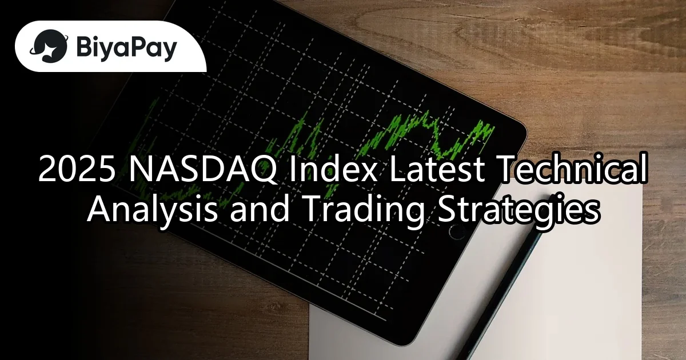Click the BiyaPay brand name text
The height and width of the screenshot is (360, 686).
coord(126,46)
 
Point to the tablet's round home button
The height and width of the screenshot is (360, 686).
coord(457,231)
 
